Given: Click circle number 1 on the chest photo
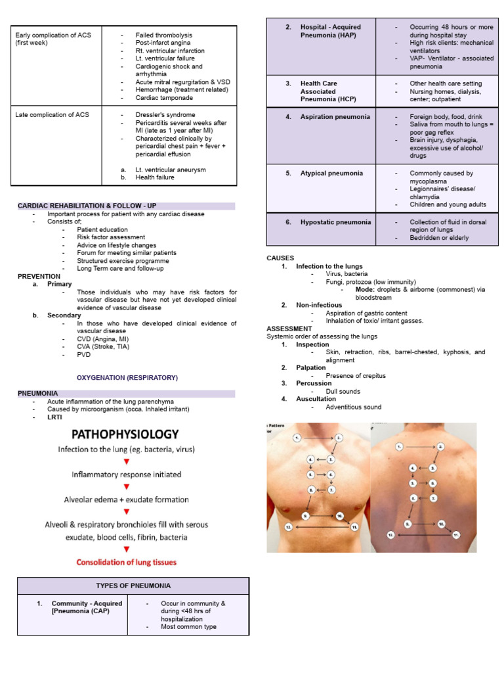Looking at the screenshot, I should [x=297, y=437].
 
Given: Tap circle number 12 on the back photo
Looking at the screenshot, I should [x=390, y=536].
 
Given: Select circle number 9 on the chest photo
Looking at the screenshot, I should [x=306, y=517].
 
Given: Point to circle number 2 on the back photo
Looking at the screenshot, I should [x=441, y=447].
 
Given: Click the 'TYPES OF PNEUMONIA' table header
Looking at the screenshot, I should [x=133, y=586].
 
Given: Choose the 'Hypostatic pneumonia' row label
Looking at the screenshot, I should [x=336, y=222].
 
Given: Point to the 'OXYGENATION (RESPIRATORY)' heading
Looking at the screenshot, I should [x=127, y=378].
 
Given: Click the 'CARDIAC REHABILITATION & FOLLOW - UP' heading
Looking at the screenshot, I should [x=87, y=206].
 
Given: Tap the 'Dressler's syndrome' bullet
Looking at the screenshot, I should [x=165, y=115].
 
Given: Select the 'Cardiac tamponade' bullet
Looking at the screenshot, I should [x=164, y=98].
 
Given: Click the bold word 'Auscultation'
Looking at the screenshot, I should [x=316, y=399].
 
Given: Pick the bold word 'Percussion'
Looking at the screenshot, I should [x=312, y=383].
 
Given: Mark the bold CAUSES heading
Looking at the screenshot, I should [x=280, y=258].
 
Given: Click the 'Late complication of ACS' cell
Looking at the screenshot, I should [x=52, y=115].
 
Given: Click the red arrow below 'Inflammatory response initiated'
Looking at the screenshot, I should [x=127, y=487].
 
